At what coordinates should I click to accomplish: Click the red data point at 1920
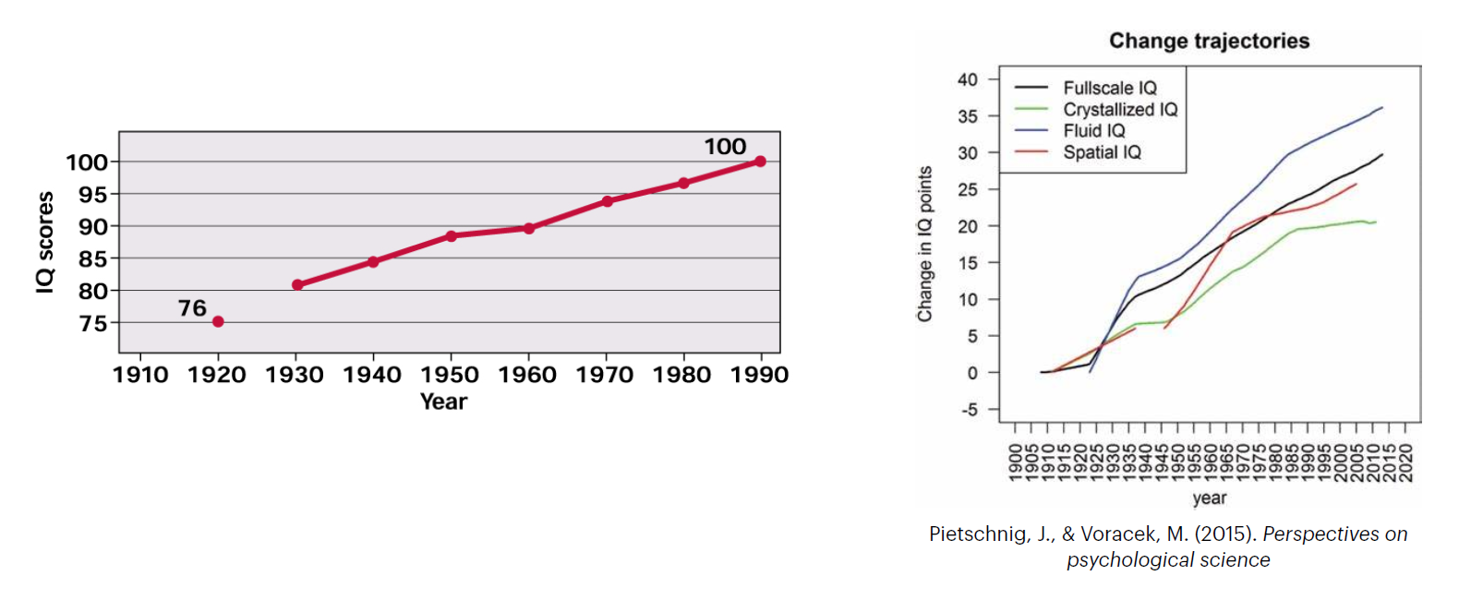[218, 321]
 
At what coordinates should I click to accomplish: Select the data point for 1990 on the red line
[760, 162]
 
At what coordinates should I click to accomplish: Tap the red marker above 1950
[451, 236]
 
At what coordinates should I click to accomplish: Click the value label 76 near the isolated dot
[192, 308]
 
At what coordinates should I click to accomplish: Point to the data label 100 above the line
[725, 147]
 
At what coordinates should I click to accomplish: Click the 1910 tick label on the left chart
[140, 375]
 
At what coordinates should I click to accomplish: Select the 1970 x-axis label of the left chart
[605, 375]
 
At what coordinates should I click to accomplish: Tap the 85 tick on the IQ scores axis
[92, 259]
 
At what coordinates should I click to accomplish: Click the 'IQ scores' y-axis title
[44, 243]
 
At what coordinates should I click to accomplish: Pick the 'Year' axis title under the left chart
[443, 402]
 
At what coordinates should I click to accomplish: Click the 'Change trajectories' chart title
[1209, 41]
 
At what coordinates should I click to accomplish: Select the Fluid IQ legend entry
[1094, 131]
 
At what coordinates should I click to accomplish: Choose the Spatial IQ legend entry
[1102, 152]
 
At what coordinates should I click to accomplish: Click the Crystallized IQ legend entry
[1120, 110]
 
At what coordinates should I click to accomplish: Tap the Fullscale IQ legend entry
[1109, 88]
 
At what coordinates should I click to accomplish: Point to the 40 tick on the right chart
[967, 79]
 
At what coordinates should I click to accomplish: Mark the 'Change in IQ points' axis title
[924, 244]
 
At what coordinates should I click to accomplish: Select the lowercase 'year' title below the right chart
[1209, 498]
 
